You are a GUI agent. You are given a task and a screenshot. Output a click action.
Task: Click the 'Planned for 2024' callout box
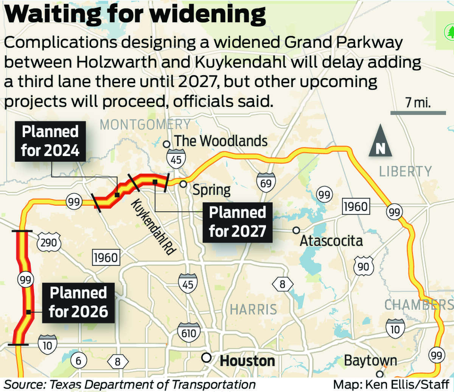tap(50, 141)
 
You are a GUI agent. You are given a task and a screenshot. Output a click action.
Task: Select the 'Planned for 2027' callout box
tap(238, 222)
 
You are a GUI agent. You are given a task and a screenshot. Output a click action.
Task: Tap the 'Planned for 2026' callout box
tap(78, 302)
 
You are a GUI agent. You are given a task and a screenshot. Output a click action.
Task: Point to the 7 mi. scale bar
tap(418, 112)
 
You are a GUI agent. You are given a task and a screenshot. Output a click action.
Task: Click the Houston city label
tap(247, 360)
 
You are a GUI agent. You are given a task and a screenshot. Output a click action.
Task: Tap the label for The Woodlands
tap(220, 141)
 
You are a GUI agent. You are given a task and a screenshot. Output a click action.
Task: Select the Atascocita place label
tap(331, 241)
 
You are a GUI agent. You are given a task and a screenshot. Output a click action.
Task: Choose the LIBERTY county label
tap(405, 171)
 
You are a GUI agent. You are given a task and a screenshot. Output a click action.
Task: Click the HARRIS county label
tap(253, 309)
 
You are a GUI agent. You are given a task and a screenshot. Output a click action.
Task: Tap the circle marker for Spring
tap(183, 184)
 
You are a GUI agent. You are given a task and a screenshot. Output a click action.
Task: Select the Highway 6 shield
tap(79, 360)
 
